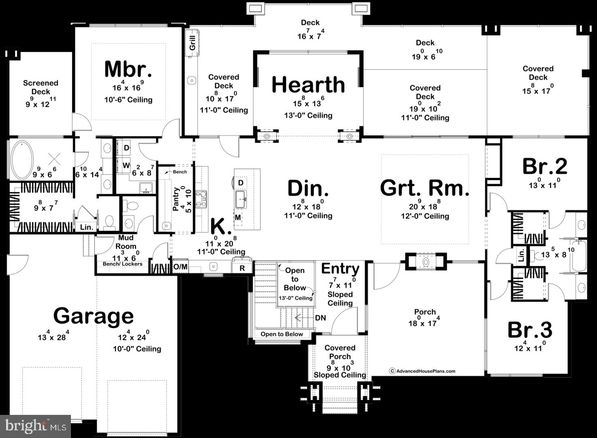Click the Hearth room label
pos(308,85)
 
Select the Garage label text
pos(93,316)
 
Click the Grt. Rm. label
pos(424,188)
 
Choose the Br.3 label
pos(530,330)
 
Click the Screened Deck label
pos(41,87)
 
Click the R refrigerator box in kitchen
pos(242,268)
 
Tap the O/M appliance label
pos(180,267)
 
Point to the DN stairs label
pos(320,318)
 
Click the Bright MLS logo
pos(36,426)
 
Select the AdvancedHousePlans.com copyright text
pos(422,371)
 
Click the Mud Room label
pos(126,242)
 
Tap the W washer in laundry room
pos(126,165)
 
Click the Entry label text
pos(340,268)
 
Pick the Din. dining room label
pos(308,189)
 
